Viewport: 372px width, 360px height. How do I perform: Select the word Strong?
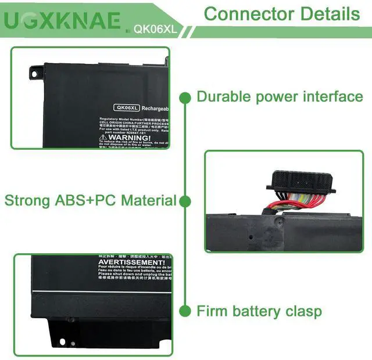(x=27, y=201)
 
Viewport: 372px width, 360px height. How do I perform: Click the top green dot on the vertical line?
(x=185, y=97)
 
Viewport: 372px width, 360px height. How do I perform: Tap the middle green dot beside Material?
(x=185, y=201)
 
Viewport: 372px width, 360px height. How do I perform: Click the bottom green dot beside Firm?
(x=185, y=311)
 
